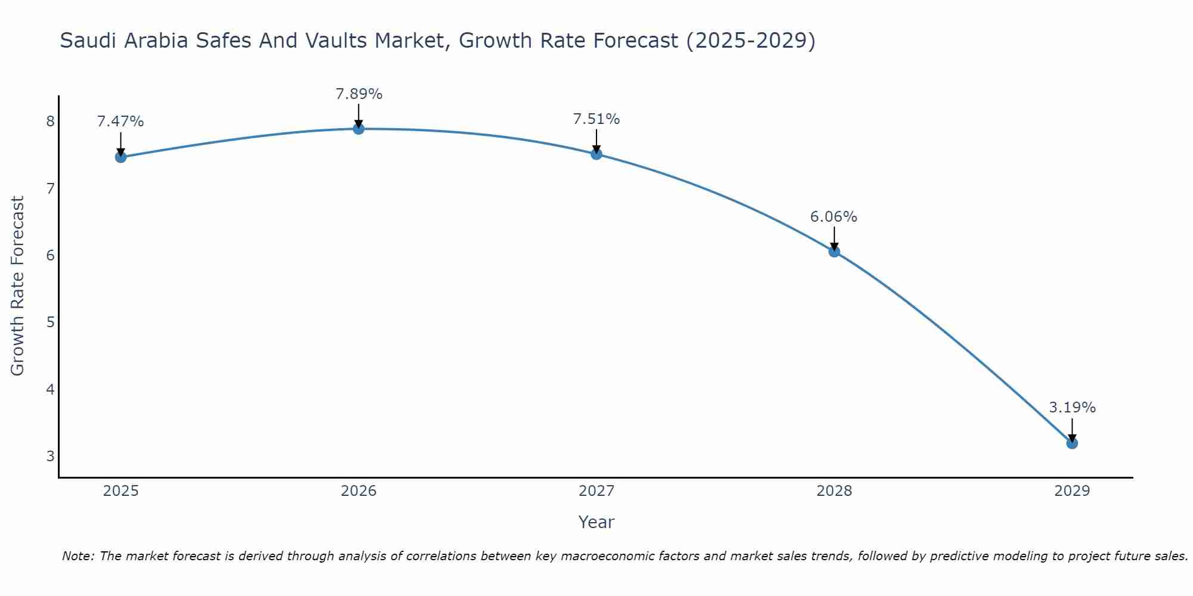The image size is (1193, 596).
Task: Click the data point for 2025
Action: click(120, 157)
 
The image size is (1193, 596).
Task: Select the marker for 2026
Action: click(358, 129)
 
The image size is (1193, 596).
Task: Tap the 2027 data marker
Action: click(596, 154)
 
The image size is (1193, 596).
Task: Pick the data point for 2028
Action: click(834, 252)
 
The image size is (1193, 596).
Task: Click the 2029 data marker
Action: click(1072, 443)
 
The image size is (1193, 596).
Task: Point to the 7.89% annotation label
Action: click(358, 94)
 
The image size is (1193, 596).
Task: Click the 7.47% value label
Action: click(120, 122)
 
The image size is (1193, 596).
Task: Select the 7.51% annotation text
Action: click(596, 119)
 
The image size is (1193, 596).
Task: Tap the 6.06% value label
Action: click(834, 217)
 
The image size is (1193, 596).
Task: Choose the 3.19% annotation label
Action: click(1072, 408)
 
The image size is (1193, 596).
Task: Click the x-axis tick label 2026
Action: click(358, 491)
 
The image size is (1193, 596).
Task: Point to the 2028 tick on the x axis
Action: click(834, 491)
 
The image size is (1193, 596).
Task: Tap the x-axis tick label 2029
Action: click(1072, 491)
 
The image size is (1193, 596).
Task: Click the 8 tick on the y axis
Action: click(50, 122)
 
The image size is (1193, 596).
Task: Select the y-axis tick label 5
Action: click(50, 322)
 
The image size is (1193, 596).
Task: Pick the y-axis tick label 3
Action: click(50, 457)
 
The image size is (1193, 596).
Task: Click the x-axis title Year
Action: click(596, 522)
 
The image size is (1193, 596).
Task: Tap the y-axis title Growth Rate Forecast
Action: click(18, 286)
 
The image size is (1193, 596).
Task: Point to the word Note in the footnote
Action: click(78, 556)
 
